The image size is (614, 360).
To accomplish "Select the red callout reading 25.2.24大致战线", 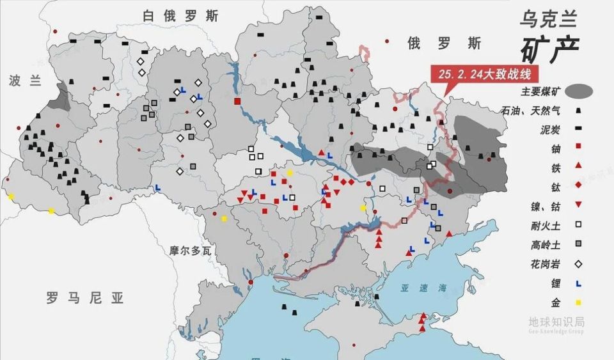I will tap(484, 74).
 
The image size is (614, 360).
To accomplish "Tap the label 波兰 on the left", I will tap(25, 81).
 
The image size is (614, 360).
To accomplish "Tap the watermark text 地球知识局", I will tap(556, 322).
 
